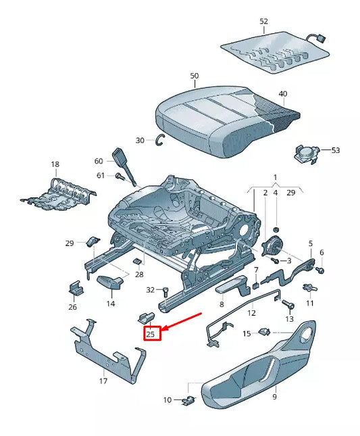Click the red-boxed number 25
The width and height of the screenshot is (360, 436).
tap(151, 333)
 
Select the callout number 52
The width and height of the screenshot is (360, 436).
tap(263, 22)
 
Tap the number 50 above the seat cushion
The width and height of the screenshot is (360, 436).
tap(195, 76)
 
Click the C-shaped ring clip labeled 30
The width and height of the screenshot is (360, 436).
tap(160, 140)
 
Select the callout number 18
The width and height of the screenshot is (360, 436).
tap(55, 164)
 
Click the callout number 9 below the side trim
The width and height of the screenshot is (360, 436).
tap(275, 397)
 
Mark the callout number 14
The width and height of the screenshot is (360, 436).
tap(110, 304)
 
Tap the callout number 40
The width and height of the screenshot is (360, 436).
tap(282, 93)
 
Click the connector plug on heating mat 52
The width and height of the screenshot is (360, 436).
tap(315, 39)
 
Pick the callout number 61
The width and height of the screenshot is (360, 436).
tap(100, 176)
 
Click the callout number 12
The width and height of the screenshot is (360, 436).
tap(251, 313)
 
